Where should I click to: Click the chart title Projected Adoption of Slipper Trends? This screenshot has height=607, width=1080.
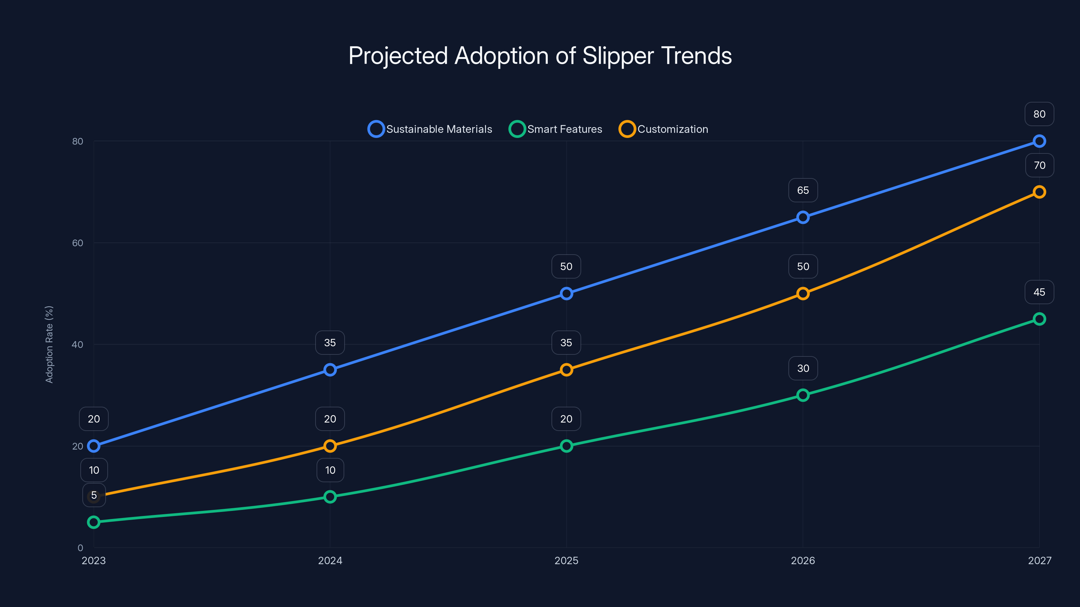(x=540, y=56)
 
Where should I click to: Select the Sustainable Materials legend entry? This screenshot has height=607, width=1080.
(x=430, y=129)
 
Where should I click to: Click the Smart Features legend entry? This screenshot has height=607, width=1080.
(x=556, y=129)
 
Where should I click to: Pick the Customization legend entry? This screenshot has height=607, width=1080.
(x=664, y=129)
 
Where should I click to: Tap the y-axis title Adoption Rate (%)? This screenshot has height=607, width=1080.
(x=49, y=344)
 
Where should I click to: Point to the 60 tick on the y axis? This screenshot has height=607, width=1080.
(x=78, y=243)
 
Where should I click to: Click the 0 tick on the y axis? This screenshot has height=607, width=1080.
(x=80, y=548)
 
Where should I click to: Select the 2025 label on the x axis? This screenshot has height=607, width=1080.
(x=566, y=560)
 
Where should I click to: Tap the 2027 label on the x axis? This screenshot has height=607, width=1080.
(x=1039, y=560)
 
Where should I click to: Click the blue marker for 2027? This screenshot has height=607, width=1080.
(x=1039, y=141)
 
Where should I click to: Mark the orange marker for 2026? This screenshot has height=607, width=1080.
(x=803, y=293)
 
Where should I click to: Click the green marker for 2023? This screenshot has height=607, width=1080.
(x=93, y=522)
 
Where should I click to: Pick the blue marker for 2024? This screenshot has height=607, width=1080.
(x=330, y=370)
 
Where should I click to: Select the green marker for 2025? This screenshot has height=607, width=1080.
(x=566, y=446)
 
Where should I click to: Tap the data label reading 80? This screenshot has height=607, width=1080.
(x=1039, y=114)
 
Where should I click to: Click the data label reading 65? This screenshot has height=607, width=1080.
(x=803, y=190)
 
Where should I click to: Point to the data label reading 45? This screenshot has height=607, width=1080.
(x=1039, y=292)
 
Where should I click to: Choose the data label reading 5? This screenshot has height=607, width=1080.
(x=93, y=495)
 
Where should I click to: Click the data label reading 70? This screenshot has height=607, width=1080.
(x=1039, y=165)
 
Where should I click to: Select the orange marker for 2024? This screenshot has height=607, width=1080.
(x=330, y=446)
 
